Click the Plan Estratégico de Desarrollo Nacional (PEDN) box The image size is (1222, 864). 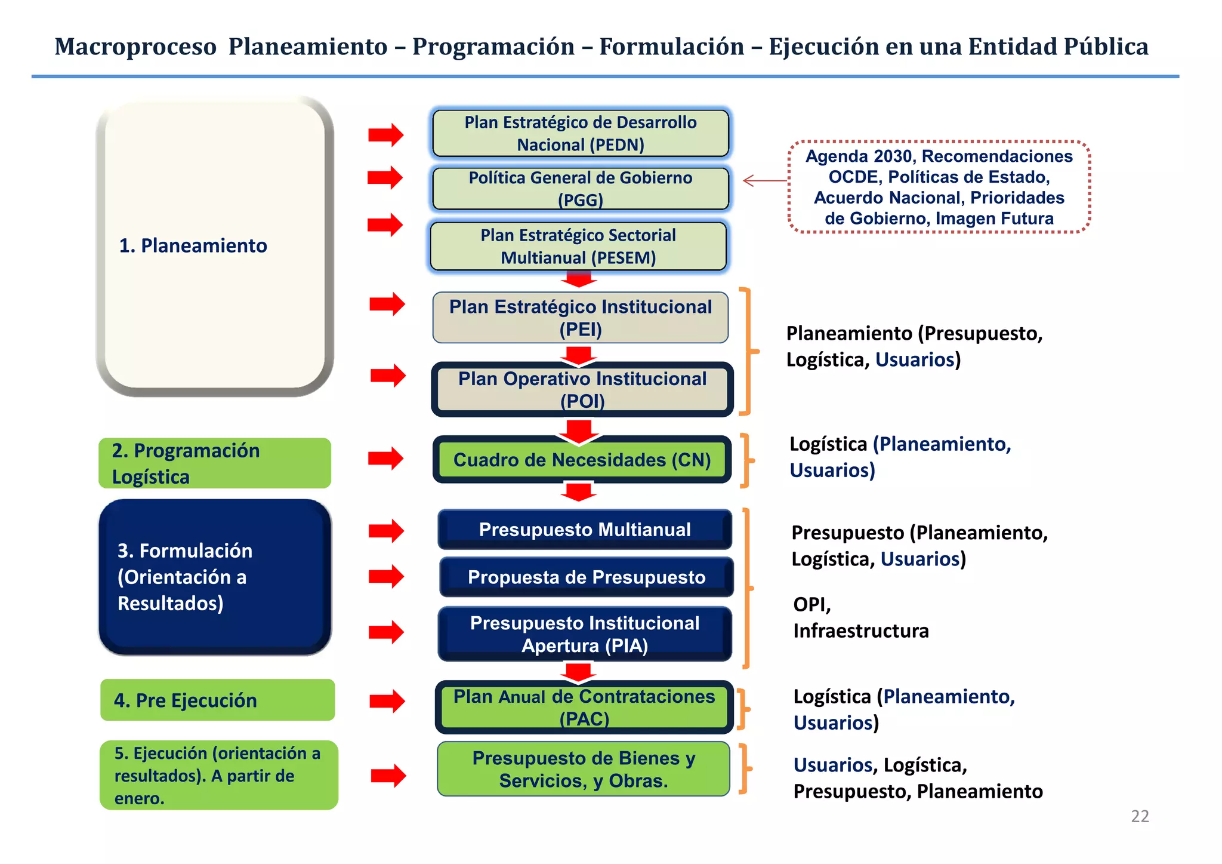point(580,133)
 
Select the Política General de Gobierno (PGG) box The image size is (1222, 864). point(580,189)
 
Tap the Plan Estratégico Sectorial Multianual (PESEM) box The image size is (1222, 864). point(578,246)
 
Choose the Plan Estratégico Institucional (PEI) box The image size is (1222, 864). point(580,318)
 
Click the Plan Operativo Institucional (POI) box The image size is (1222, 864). point(582,389)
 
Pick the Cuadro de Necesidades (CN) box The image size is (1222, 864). point(582,460)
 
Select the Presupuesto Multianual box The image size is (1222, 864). point(584,530)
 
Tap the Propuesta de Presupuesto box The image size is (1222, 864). point(586,577)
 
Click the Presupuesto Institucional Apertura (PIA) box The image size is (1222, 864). point(584,634)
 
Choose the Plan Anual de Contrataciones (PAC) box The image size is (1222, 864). point(584,708)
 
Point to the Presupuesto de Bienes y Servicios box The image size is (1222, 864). point(583,769)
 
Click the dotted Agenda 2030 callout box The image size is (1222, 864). point(939,187)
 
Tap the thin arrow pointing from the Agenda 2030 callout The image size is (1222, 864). point(765,180)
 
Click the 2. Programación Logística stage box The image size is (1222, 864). point(215,463)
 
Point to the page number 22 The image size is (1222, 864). point(1139,816)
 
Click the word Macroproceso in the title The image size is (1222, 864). point(135,47)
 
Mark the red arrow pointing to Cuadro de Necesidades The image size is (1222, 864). point(386,459)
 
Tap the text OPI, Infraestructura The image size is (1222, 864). point(860,617)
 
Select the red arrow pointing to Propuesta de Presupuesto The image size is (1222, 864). point(386,577)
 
